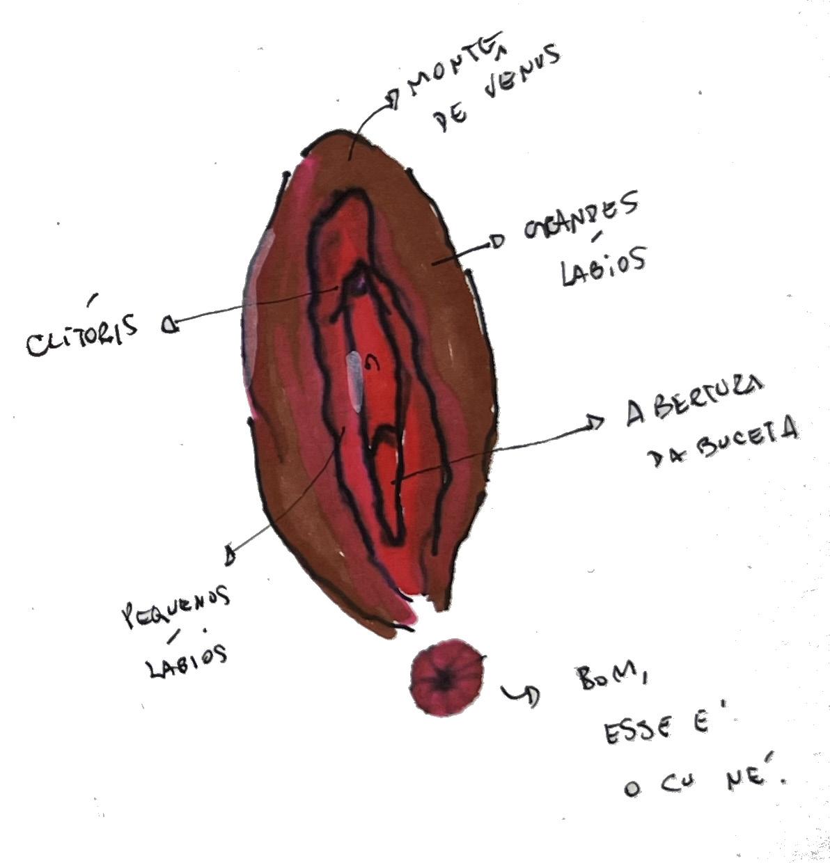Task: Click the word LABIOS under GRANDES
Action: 602,266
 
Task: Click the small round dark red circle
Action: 446,677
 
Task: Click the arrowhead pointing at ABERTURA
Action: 596,422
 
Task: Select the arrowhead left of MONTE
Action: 393,100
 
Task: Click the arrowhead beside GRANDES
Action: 496,242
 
